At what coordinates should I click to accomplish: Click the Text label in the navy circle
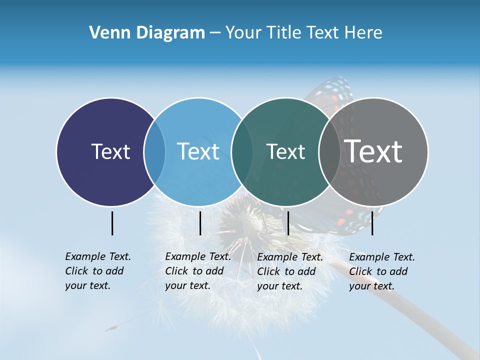pos(110,151)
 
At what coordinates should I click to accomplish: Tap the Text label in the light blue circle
pos(198,151)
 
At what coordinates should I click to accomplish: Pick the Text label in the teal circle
pos(285,151)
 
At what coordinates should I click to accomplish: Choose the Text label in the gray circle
pos(373,151)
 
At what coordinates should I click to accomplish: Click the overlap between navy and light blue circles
pos(154,151)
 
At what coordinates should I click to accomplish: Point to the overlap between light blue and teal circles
pos(242,151)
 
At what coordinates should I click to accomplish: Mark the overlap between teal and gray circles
pos(329,151)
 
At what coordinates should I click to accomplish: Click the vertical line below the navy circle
pos(112,223)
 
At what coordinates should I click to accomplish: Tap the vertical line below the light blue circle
pos(200,223)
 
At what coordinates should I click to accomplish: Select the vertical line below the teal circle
pos(288,223)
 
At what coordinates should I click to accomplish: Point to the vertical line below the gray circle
pos(372,223)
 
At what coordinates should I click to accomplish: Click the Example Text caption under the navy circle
pos(98,271)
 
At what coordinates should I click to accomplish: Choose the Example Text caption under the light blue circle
pos(198,271)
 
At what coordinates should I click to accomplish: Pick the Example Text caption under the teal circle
pos(290,271)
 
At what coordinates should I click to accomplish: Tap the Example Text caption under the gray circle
pos(382,271)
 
